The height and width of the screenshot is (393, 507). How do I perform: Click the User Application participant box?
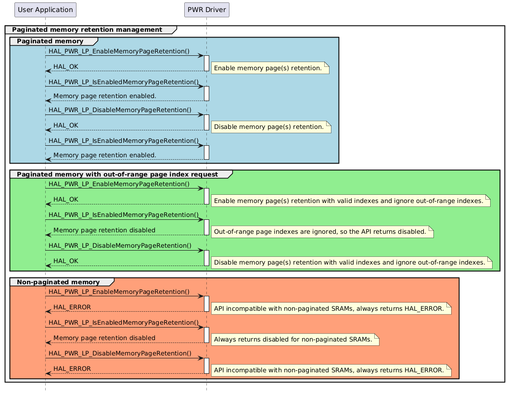point(45,9)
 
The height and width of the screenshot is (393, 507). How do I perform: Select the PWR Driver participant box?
point(207,9)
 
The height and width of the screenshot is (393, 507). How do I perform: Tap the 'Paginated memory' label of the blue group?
point(50,41)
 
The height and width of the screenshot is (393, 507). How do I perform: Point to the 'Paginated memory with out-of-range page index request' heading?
point(117,174)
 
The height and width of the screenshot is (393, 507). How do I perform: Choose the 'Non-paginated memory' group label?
point(58,282)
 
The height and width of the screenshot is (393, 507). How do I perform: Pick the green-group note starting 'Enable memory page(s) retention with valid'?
point(349,201)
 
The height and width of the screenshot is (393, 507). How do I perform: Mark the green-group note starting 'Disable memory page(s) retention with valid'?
point(350,262)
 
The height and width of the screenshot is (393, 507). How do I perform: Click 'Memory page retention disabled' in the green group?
point(104,230)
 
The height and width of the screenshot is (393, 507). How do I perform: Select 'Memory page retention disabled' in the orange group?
point(104,338)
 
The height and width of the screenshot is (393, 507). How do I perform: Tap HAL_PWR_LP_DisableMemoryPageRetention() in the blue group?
point(120,110)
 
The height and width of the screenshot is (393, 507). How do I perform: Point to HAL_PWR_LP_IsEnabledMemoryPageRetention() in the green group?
point(124,215)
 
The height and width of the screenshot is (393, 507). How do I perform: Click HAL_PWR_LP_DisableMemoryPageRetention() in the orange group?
point(120,354)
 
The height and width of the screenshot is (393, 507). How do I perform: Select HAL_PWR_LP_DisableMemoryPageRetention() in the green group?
point(120,246)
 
